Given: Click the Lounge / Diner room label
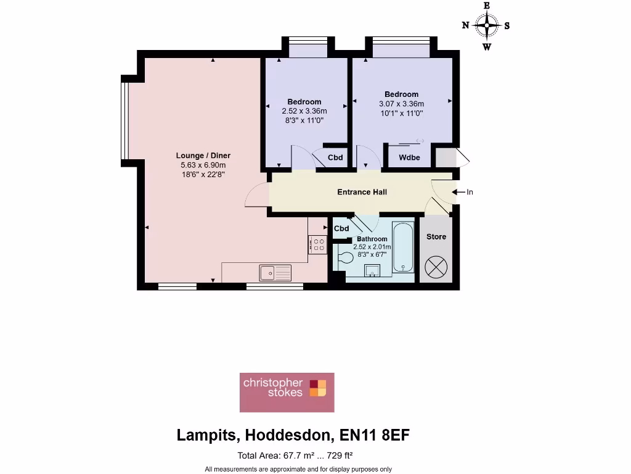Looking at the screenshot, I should [203, 156].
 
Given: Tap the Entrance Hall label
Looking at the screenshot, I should [362, 192].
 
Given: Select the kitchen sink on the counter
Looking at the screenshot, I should [275, 271].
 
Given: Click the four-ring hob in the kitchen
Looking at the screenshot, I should [318, 244].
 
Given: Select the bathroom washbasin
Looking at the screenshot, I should [372, 270].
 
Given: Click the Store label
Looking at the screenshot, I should [436, 237].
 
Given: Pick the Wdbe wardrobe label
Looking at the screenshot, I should [409, 158].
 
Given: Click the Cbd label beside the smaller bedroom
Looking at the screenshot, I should [335, 158].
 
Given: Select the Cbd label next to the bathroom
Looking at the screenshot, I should [341, 229].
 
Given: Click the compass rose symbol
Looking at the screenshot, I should [487, 26].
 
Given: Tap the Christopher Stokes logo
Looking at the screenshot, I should [287, 392].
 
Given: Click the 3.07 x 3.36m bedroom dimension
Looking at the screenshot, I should [401, 104].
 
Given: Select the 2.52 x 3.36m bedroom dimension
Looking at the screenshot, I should [304, 111].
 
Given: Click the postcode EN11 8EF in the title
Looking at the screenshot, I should [375, 435].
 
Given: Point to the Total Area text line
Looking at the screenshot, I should [295, 456].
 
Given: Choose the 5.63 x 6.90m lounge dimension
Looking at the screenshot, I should [203, 165].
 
